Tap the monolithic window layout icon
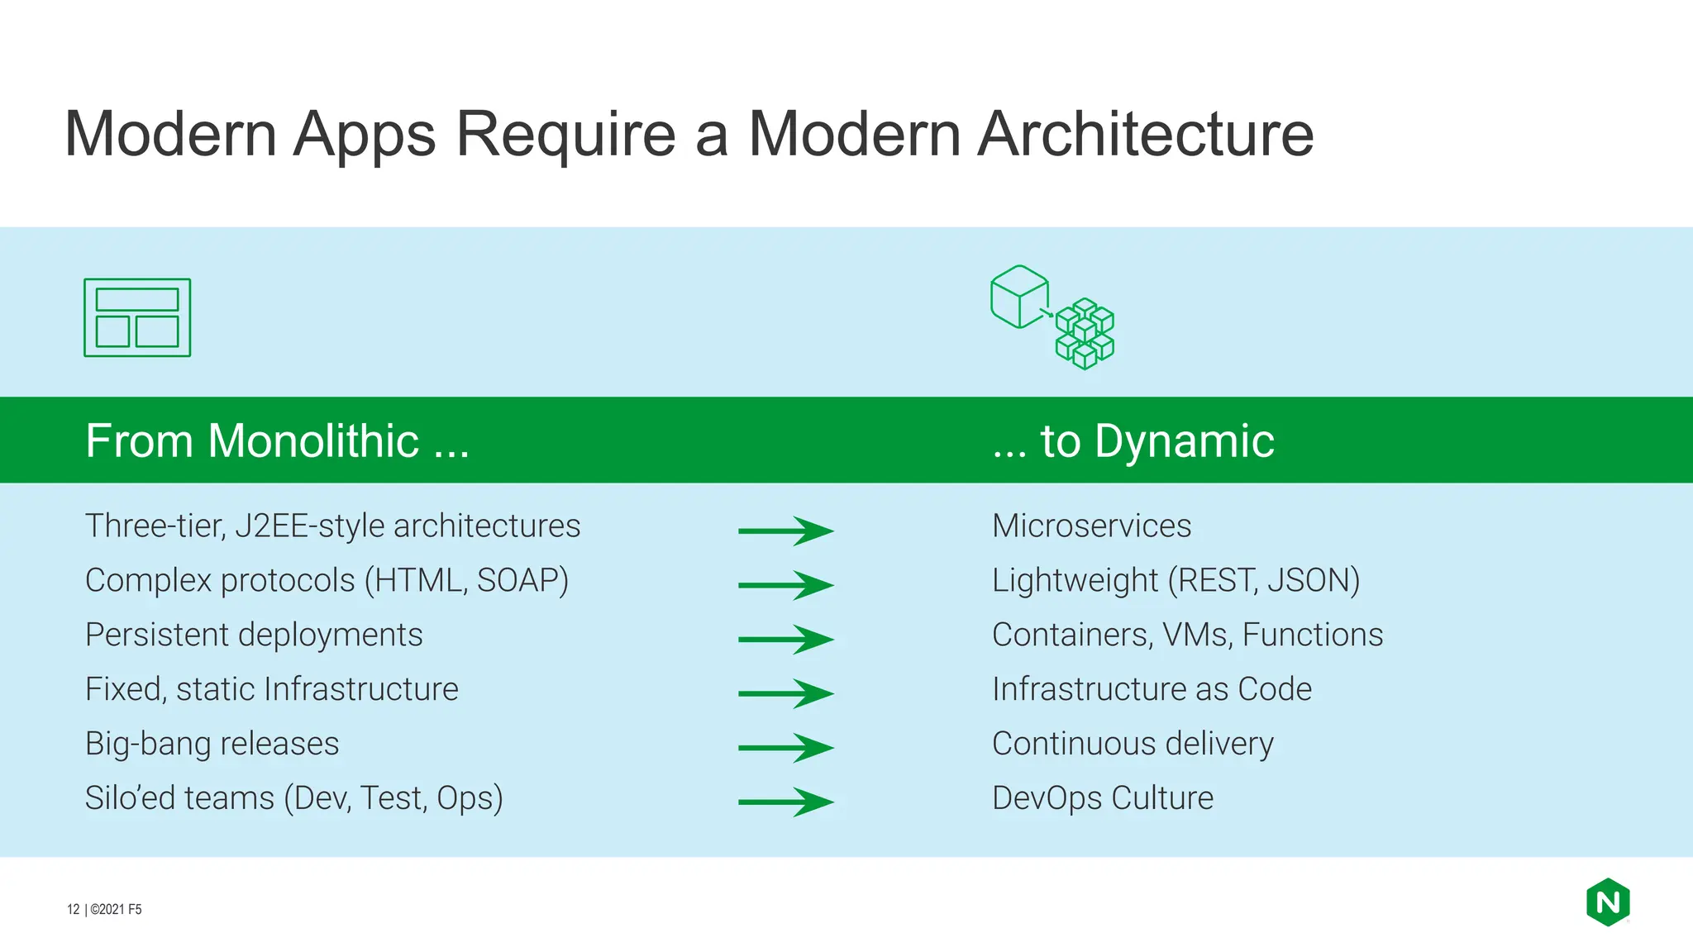click(137, 318)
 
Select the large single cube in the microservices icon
click(1019, 297)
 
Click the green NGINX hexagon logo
click(1607, 902)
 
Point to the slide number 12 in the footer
click(73, 909)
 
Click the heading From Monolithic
click(277, 440)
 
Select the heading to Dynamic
click(1133, 440)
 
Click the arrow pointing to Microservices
click(785, 531)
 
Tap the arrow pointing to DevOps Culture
click(785, 802)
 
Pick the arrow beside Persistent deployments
click(785, 639)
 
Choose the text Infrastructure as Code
click(1152, 689)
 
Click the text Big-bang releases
click(212, 744)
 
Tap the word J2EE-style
click(310, 526)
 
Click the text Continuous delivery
click(1133, 744)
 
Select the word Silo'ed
click(138, 798)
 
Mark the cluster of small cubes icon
click(1085, 334)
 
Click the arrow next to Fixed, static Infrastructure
click(785, 693)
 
